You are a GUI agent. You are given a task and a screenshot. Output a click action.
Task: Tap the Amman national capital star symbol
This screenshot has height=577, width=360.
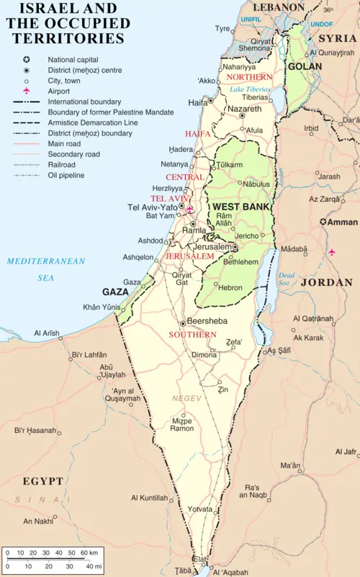pyautogui.click(x=323, y=222)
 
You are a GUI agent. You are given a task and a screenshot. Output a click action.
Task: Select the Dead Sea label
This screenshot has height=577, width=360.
pyautogui.click(x=287, y=279)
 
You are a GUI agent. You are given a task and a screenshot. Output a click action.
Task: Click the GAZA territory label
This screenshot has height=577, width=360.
pyautogui.click(x=115, y=292)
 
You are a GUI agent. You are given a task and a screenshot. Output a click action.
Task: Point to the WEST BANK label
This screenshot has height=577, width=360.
pyautogui.click(x=240, y=207)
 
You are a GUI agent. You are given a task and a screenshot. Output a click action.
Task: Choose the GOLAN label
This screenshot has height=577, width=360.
pyautogui.click(x=305, y=66)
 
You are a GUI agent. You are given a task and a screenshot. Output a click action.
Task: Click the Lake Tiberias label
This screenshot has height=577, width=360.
pyautogui.click(x=251, y=89)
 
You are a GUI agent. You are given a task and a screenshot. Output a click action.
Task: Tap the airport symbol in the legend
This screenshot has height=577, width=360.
pyautogui.click(x=27, y=91)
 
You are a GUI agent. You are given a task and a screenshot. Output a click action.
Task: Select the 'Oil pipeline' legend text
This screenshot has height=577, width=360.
pyautogui.click(x=66, y=175)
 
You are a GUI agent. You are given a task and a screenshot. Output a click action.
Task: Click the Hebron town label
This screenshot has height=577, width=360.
pyautogui.click(x=230, y=287)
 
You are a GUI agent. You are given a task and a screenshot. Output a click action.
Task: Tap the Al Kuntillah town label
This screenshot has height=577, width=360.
pyautogui.click(x=149, y=498)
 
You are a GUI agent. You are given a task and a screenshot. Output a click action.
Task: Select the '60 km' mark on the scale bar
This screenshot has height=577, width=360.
pyautogui.click(x=89, y=552)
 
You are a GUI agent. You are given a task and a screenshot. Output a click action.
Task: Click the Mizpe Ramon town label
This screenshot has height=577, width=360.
pyautogui.click(x=181, y=424)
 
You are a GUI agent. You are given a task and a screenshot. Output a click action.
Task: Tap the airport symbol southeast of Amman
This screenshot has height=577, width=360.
pyautogui.click(x=331, y=252)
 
